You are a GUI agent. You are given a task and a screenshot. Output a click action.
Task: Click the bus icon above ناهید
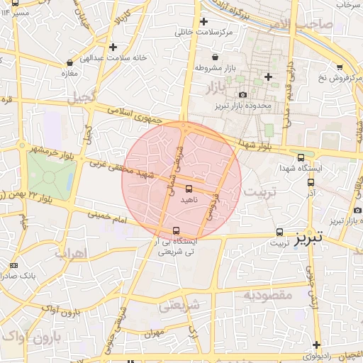point(189,189)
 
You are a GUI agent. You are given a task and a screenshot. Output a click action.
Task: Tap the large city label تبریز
point(308,235)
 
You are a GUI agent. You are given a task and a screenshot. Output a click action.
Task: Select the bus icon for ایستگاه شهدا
point(301,158)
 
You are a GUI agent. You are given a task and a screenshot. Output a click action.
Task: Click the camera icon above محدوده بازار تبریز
point(243,94)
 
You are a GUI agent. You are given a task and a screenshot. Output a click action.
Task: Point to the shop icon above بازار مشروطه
point(215,57)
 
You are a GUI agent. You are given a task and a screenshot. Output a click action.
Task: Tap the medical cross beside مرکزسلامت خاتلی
point(204,21)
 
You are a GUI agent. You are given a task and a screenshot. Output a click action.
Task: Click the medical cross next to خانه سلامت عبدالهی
point(113,48)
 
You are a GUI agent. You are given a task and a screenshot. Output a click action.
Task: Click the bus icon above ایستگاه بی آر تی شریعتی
point(176,230)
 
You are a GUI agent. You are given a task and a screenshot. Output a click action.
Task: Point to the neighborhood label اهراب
point(69,253)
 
